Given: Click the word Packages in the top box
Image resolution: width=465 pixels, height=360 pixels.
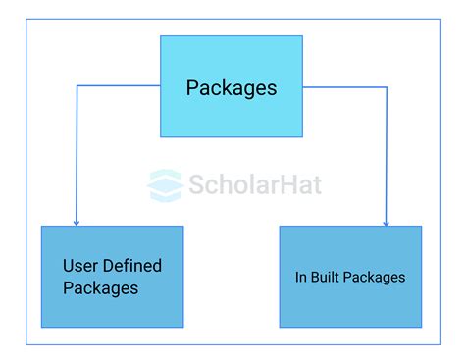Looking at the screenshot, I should tap(232, 88).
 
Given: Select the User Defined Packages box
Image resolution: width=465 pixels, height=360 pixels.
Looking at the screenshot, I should tap(112, 277).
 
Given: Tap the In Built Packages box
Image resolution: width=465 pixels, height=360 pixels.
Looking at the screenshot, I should tap(350, 277).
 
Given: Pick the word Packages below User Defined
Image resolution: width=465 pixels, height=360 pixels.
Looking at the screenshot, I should tap(100, 288).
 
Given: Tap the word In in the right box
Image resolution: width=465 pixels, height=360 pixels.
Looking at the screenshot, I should tap(301, 278).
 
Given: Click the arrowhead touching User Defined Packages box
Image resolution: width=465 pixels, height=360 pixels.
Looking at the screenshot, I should tap(77, 222).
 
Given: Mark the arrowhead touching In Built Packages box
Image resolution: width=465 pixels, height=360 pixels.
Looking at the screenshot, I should tap(386, 222).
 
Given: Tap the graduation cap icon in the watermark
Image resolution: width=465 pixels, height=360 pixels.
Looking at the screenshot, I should tap(166, 184).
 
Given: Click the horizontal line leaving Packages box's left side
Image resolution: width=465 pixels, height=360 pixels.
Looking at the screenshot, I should tap(118, 85).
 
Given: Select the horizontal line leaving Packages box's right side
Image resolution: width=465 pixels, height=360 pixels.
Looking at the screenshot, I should tap(343, 87).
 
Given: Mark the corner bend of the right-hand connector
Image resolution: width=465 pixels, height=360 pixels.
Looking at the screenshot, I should tap(386, 87).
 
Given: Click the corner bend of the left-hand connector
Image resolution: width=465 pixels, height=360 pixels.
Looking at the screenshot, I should tap(77, 85).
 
